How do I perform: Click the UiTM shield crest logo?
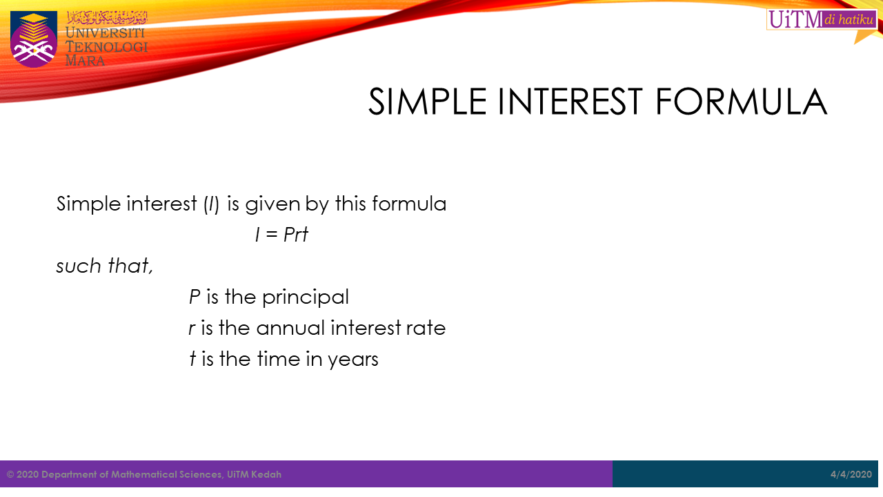(34, 39)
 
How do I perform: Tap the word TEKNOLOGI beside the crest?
(106, 47)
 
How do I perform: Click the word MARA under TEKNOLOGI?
(85, 61)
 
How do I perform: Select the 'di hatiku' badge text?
(849, 19)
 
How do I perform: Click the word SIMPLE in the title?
(427, 102)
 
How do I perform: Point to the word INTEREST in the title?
(570, 102)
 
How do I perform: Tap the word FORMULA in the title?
(741, 102)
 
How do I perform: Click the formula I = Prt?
(281, 235)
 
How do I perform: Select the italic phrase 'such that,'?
(104, 266)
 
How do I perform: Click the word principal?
(306, 297)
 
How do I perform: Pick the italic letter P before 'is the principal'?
(195, 297)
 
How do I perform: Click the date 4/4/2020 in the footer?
(851, 474)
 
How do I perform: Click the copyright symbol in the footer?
(10, 474)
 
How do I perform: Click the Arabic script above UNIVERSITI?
(107, 18)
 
